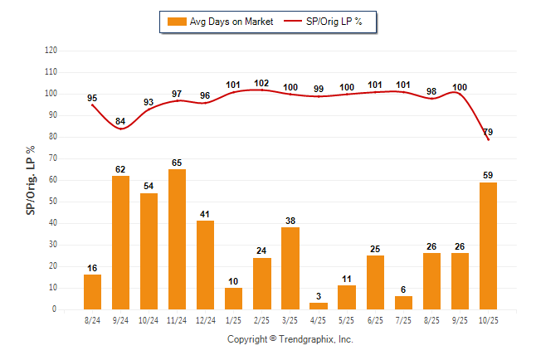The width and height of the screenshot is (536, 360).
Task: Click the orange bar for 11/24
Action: tap(177, 239)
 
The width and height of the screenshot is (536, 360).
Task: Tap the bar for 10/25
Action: tap(488, 246)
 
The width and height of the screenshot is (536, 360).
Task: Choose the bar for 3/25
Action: tap(290, 268)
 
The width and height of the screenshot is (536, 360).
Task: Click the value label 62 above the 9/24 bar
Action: tap(120, 168)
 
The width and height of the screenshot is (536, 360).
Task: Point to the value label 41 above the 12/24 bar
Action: tap(205, 214)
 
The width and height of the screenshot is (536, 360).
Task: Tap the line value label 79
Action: tap(488, 132)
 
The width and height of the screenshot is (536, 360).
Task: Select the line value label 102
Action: tap(261, 83)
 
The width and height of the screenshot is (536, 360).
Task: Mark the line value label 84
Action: tap(120, 122)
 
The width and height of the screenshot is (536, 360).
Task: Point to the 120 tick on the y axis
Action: tap(51, 50)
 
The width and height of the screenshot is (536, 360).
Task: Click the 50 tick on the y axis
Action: tap(52, 202)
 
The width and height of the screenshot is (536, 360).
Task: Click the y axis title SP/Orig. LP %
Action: tap(31, 179)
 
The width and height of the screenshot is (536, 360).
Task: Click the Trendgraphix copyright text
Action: tap(290, 339)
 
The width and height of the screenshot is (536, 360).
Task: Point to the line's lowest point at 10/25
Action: tap(488, 139)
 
